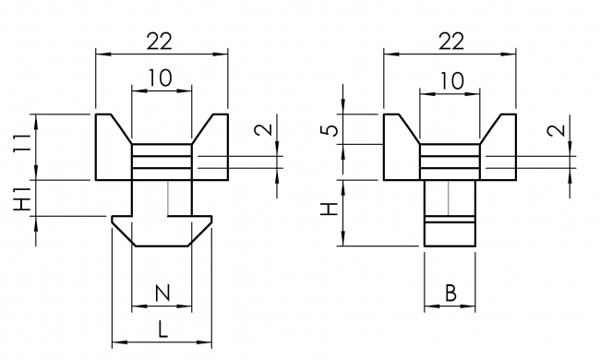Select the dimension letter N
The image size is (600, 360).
(x=162, y=294)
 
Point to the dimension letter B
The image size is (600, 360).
(x=450, y=294)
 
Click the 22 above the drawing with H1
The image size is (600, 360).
(x=162, y=40)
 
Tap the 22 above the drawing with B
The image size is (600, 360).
(x=450, y=40)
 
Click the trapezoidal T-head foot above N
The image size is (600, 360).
(x=162, y=231)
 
